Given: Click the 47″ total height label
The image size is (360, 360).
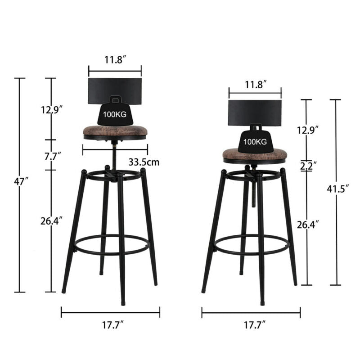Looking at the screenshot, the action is pos(21,181).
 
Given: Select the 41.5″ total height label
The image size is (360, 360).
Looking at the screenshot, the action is pos(338,189).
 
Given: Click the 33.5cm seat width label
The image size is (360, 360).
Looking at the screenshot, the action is pos(144,162).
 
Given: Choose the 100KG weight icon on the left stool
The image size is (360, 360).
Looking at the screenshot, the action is pos(115,111).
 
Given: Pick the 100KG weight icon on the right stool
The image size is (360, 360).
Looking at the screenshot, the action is pos(255,138).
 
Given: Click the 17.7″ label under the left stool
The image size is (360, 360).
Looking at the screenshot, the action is pos(113,325).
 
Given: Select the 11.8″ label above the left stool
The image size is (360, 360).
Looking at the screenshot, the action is pos(116,60).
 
